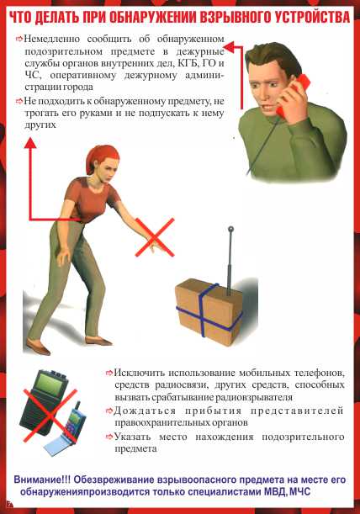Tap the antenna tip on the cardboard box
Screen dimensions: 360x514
click(230, 229)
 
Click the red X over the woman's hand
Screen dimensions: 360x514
click(155, 237)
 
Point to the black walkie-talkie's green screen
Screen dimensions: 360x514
click(49, 384)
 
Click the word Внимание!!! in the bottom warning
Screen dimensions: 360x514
click(42, 480)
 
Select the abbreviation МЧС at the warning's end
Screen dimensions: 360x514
click(300, 492)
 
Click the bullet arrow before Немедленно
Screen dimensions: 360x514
click(19, 39)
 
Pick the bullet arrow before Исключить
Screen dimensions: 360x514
click(109, 373)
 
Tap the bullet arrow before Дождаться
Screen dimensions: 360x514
click(109, 411)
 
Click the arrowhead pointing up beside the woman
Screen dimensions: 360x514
click(30, 143)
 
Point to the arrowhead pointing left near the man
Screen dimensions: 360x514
click(230, 48)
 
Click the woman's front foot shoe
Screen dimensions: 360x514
click(99, 341)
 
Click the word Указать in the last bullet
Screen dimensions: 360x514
click(133, 437)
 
